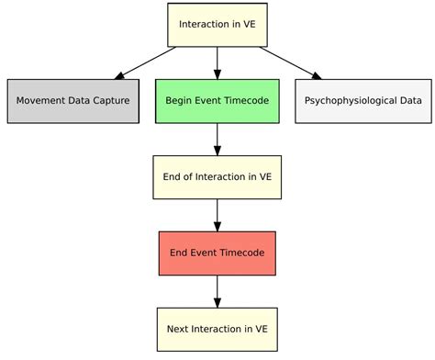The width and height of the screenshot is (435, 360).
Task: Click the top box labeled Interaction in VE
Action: [217, 25]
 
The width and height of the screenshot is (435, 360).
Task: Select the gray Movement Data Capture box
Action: [73, 101]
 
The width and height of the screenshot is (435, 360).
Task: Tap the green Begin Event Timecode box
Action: [217, 101]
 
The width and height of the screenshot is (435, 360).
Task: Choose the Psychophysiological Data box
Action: [363, 101]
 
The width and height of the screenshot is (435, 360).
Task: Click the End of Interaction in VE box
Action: [217, 177]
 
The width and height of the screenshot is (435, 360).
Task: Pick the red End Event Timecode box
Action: [217, 253]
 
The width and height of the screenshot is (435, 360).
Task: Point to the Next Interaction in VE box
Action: [217, 329]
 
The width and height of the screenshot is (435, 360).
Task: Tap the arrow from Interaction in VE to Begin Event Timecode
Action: [217, 62]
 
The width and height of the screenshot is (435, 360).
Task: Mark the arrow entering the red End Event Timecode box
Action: [217, 215]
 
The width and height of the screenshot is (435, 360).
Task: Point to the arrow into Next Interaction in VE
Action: [217, 290]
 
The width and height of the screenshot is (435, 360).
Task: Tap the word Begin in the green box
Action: [180, 101]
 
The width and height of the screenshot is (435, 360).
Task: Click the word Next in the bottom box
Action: [179, 329]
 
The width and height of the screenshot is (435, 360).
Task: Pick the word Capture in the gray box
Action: [109, 101]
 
